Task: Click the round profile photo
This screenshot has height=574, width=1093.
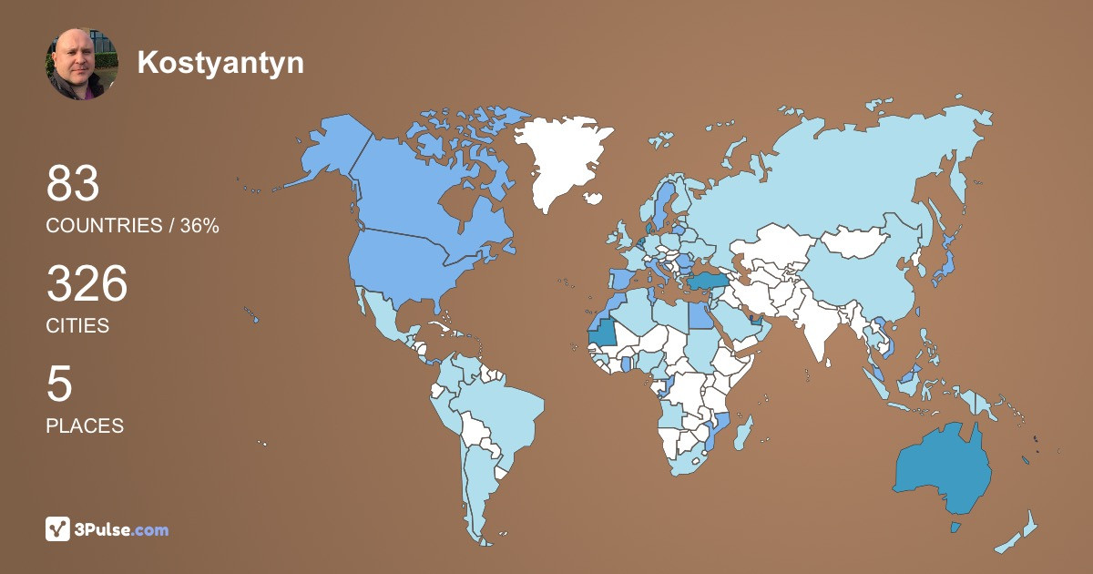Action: (x=82, y=63)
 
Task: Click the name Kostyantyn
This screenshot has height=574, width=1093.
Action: (x=220, y=62)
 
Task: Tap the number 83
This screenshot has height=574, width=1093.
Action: (x=73, y=184)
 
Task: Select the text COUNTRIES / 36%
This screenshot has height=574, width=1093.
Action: (x=132, y=226)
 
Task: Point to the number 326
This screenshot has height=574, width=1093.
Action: (x=87, y=284)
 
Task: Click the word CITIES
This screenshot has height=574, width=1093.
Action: (x=77, y=325)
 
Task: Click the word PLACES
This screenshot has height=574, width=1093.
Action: (x=85, y=425)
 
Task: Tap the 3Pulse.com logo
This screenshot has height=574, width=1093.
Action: (x=107, y=528)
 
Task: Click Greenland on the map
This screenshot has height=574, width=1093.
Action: (x=560, y=155)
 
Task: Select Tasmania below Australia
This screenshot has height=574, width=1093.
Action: (x=955, y=527)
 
